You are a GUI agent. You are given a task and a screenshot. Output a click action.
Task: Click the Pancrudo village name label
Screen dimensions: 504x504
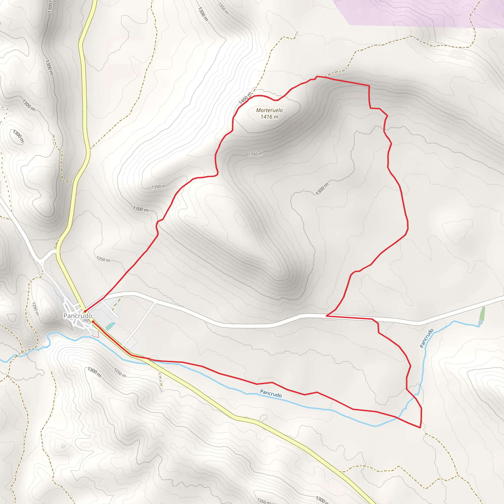[x=78, y=316]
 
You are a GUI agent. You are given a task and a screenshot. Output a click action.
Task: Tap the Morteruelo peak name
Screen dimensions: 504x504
[x=269, y=110]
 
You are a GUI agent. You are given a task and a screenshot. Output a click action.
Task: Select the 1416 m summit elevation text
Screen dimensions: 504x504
[x=269, y=117]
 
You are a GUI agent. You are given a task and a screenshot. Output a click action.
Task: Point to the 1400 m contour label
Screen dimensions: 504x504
[x=245, y=98]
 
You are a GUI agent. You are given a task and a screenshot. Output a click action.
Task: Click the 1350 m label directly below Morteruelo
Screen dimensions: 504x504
[x=255, y=154]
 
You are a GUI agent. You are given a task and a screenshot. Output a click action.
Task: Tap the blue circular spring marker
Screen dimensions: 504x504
[x=481, y=323]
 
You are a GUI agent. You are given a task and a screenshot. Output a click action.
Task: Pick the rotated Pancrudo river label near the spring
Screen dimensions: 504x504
[x=426, y=338]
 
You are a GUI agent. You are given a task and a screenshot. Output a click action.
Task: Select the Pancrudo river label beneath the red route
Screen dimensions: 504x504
[x=271, y=394]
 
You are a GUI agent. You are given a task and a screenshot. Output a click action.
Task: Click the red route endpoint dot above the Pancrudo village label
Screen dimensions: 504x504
[x=85, y=311]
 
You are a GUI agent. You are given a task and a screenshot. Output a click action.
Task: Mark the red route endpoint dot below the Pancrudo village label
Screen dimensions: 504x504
[x=93, y=322]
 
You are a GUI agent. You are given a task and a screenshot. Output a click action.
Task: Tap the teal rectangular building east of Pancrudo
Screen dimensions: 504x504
[x=109, y=327]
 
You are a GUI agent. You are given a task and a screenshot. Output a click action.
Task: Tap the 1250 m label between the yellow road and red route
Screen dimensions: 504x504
[x=103, y=259]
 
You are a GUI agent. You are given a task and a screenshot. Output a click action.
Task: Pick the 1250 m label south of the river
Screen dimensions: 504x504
[x=120, y=373]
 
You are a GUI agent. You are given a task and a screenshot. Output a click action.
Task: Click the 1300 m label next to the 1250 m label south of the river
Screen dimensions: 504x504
[x=94, y=372]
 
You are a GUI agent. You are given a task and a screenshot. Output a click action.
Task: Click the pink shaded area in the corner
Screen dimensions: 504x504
[x=417, y=13]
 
